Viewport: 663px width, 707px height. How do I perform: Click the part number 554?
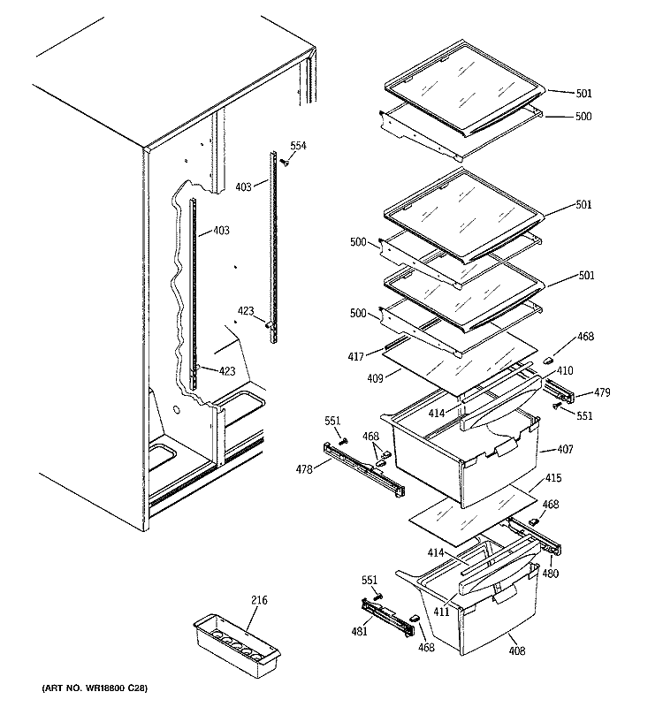pyautogui.click(x=298, y=145)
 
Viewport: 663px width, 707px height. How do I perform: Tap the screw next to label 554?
pyautogui.click(x=286, y=161)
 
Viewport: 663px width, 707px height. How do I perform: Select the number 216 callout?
pyautogui.click(x=257, y=601)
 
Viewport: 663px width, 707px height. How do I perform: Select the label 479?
pyautogui.click(x=601, y=392)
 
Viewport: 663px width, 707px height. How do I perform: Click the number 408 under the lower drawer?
pyautogui.click(x=517, y=651)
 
